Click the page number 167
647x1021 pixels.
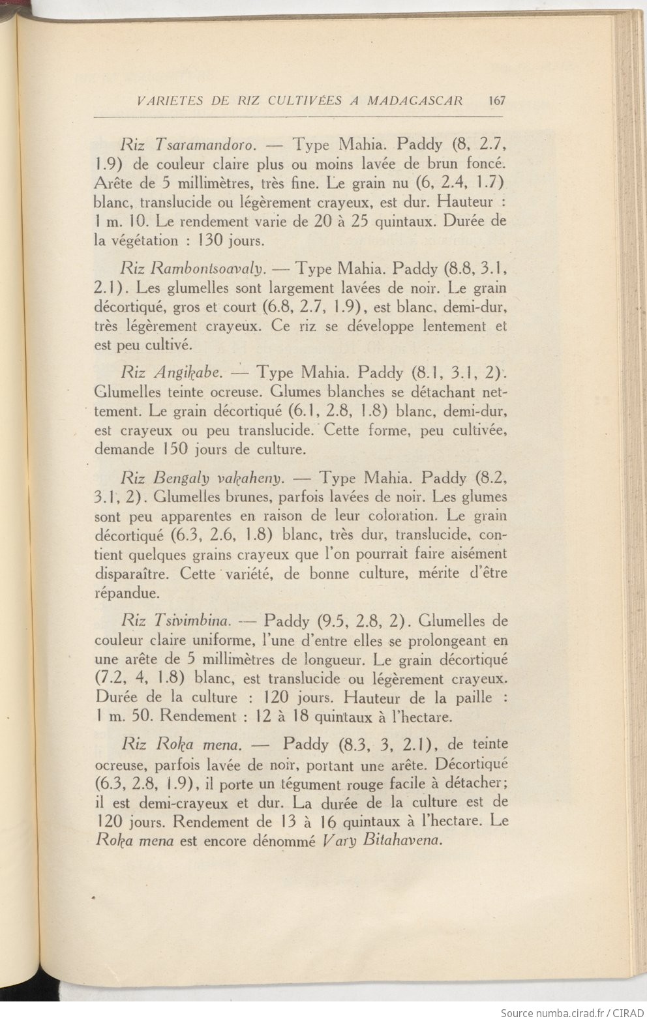coord(496,100)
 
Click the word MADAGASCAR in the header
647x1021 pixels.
coord(415,100)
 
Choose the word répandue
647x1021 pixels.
coord(126,594)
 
